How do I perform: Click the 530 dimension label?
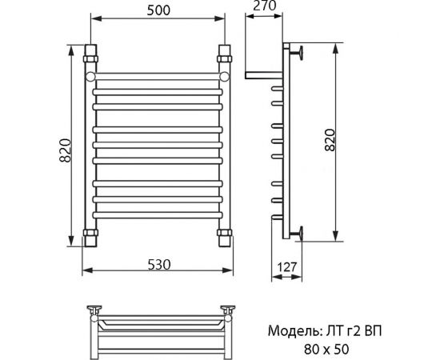(x=157, y=266)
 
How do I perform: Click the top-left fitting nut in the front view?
(x=92, y=58)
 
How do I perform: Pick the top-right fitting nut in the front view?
(x=225, y=58)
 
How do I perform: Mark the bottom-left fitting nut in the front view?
(x=92, y=237)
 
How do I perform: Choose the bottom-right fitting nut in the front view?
(x=225, y=237)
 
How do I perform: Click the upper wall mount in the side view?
(x=298, y=54)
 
